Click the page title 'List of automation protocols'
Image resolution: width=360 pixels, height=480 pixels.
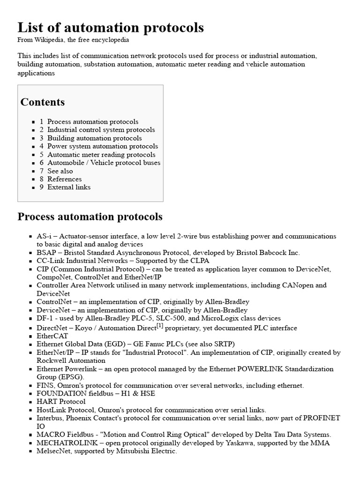coord(111,28)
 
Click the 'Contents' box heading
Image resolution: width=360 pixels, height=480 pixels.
coord(43,102)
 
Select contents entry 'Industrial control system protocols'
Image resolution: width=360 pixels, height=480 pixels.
coord(101,130)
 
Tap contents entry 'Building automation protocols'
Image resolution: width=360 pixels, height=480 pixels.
coord(94,138)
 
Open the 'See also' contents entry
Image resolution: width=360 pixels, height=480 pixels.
coord(60,171)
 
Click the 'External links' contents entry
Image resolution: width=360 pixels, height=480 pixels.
coord(69,187)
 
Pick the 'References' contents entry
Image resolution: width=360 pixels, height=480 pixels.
coord(64,179)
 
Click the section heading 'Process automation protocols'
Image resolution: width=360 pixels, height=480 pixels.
coord(90,217)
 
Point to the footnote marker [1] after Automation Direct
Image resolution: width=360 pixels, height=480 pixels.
coord(160,326)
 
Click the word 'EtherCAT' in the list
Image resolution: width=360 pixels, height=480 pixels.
coord(52,336)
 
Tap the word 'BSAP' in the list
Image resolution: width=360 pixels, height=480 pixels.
coord(46,253)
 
